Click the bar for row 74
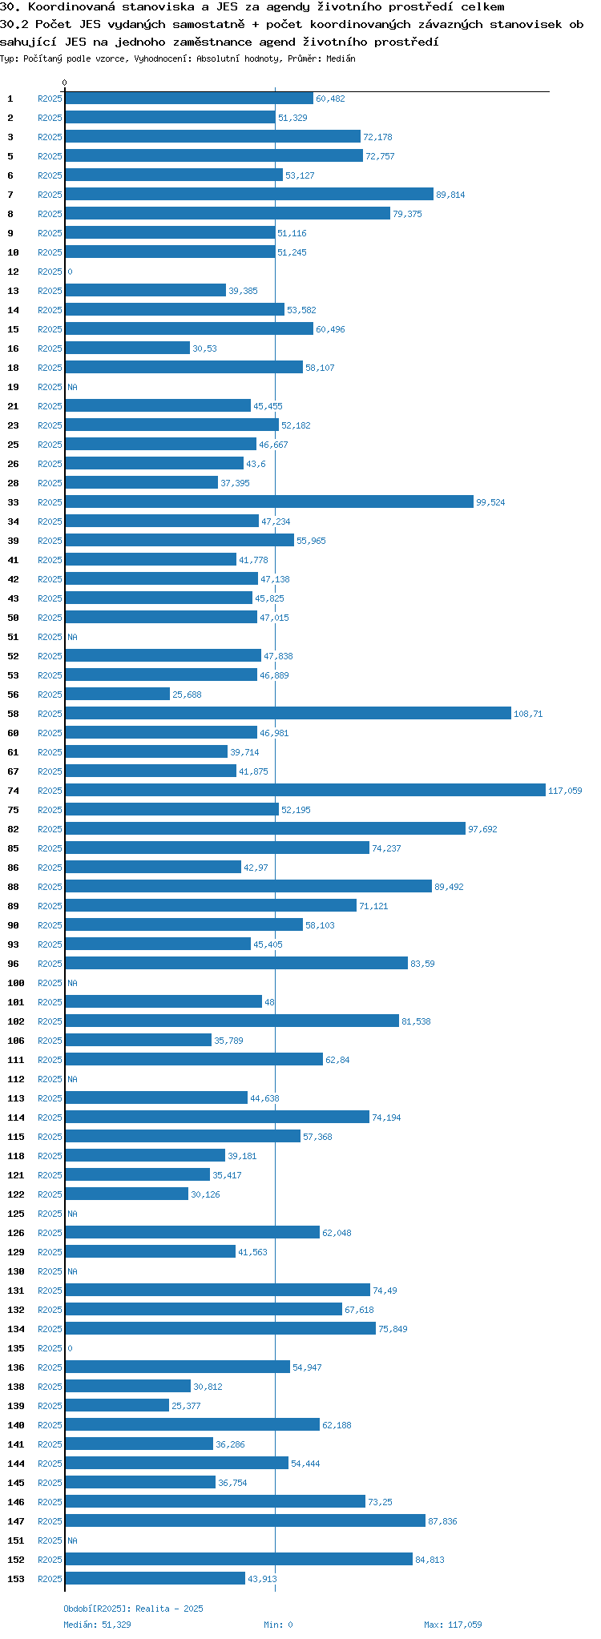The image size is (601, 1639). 305,791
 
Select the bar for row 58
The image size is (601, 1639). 288,714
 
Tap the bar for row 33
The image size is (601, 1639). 269,502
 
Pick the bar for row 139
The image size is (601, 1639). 117,1406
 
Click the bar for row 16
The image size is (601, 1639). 127,348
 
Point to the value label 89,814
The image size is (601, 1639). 450,195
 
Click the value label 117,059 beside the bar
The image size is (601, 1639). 565,791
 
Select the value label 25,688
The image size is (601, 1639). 187,695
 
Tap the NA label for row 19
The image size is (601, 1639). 72,387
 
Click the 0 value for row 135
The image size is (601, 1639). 70,1348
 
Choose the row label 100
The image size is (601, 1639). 16,983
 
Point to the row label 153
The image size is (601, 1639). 16,1579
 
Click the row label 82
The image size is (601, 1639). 14,829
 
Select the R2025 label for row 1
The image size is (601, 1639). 50,99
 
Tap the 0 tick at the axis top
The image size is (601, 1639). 65,83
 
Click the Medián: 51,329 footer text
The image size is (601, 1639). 97,1625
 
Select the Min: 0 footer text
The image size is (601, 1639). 278,1625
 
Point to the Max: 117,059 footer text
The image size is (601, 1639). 453,1625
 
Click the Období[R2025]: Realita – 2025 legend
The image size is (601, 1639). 133,1609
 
